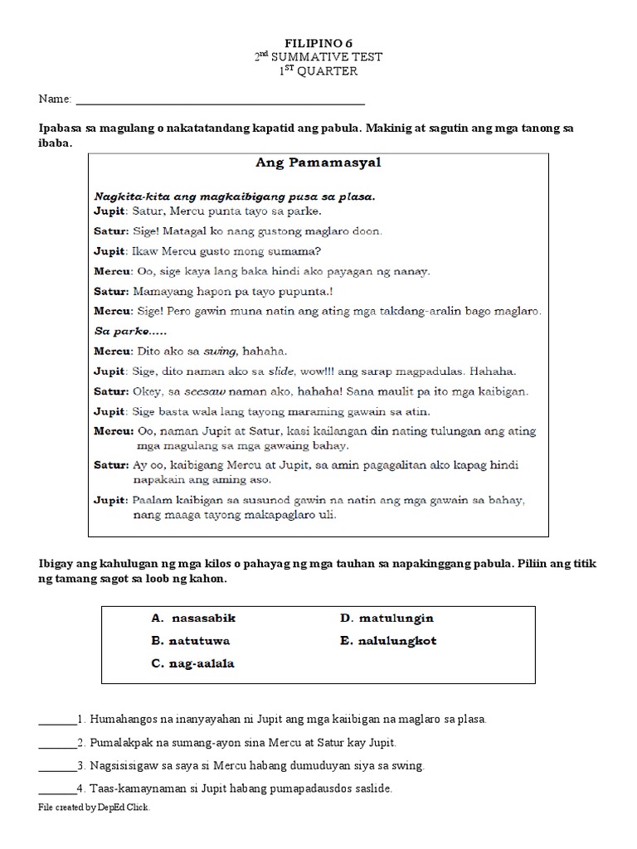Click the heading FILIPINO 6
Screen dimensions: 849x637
click(318, 41)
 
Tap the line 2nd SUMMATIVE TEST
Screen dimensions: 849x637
click(318, 56)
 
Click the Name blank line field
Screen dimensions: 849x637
click(220, 100)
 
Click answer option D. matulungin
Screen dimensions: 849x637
click(387, 619)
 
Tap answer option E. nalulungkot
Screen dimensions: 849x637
click(387, 641)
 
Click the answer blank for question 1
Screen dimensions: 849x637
click(56, 720)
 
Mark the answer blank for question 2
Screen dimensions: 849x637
click(56, 743)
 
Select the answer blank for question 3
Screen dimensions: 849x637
click(56, 766)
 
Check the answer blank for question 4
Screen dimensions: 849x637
click(56, 789)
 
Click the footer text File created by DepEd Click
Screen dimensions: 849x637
click(95, 807)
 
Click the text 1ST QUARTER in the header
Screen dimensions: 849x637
click(318, 70)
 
